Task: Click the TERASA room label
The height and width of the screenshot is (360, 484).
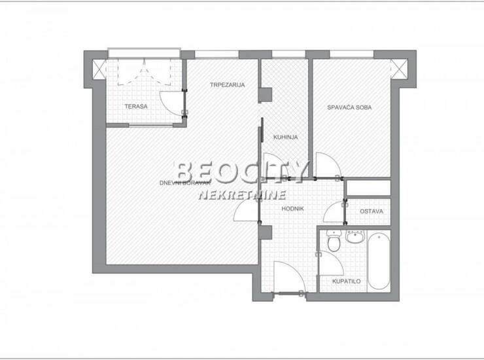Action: pos(136,107)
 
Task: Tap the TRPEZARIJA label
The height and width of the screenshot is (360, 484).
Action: pos(228,84)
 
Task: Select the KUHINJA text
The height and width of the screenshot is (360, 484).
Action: pos(286,137)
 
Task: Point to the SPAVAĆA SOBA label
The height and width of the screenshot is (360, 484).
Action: pos(349,107)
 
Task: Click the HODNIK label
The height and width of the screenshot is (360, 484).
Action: pos(292,209)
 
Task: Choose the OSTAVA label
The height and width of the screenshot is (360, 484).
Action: pos(372,211)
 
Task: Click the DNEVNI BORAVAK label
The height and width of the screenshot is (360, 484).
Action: pos(185,183)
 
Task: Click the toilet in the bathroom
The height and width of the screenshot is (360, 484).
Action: pos(334,241)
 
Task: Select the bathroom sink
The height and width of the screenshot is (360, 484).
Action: pos(356,236)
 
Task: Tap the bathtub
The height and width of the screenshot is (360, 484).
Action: pos(379,261)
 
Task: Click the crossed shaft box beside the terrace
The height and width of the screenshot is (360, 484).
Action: pos(99,69)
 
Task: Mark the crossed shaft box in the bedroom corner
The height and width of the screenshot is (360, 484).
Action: pos(399,69)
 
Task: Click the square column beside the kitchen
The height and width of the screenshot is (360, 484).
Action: pos(265,95)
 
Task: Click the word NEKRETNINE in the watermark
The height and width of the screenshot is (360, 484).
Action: pos(242,195)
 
